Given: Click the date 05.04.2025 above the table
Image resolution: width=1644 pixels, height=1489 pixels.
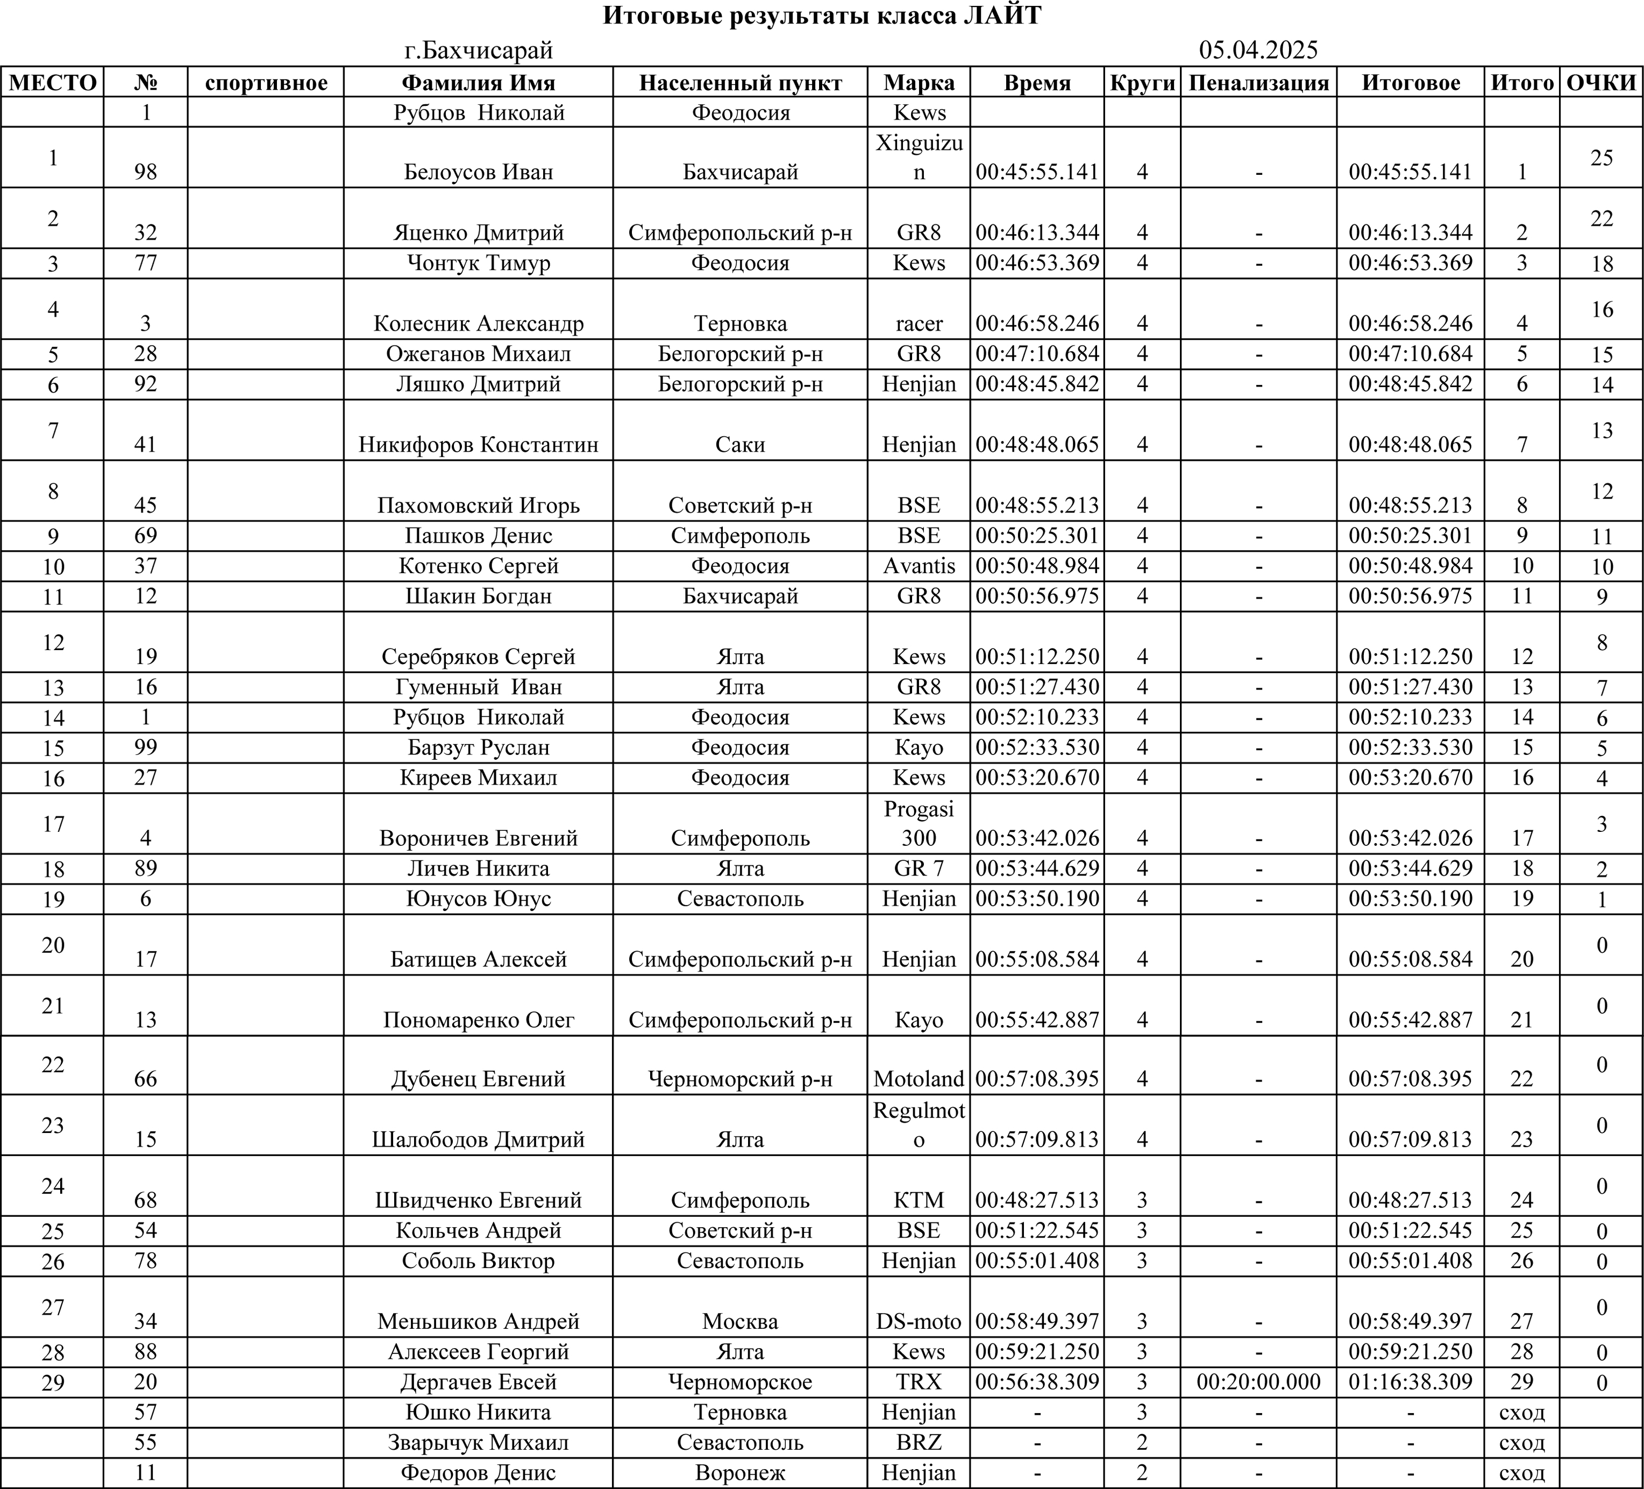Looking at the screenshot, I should point(1258,51).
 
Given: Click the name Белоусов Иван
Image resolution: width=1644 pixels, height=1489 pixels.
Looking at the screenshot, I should point(479,172).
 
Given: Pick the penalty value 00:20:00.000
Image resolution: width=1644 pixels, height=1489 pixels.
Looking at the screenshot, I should point(1258,1382).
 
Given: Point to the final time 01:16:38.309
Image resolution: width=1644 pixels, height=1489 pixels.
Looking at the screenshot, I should point(1410,1382).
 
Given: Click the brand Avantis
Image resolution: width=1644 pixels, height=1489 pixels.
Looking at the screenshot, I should point(919,566).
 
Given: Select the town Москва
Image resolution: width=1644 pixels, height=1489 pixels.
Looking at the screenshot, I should point(739,1321).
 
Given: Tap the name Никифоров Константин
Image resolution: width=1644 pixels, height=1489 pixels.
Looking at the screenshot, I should point(479,444).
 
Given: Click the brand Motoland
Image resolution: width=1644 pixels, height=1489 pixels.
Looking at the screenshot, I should point(919,1079).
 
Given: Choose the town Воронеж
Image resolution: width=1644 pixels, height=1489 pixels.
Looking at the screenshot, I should point(739,1473).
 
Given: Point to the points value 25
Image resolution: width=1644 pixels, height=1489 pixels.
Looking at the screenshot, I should point(1602,158).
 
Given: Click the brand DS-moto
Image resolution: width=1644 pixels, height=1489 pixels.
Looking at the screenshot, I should point(919,1321).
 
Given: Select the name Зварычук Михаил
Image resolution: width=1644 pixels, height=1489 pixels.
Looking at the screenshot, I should point(479,1443).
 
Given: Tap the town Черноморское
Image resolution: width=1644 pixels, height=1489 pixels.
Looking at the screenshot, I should point(739,1382).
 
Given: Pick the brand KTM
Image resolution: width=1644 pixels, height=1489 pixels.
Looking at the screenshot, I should point(919,1200).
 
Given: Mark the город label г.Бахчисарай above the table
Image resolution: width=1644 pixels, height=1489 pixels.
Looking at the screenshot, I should point(479,51).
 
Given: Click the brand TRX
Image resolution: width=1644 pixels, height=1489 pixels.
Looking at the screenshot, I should point(919,1382).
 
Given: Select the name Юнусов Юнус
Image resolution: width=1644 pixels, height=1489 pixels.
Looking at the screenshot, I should point(479,899).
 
